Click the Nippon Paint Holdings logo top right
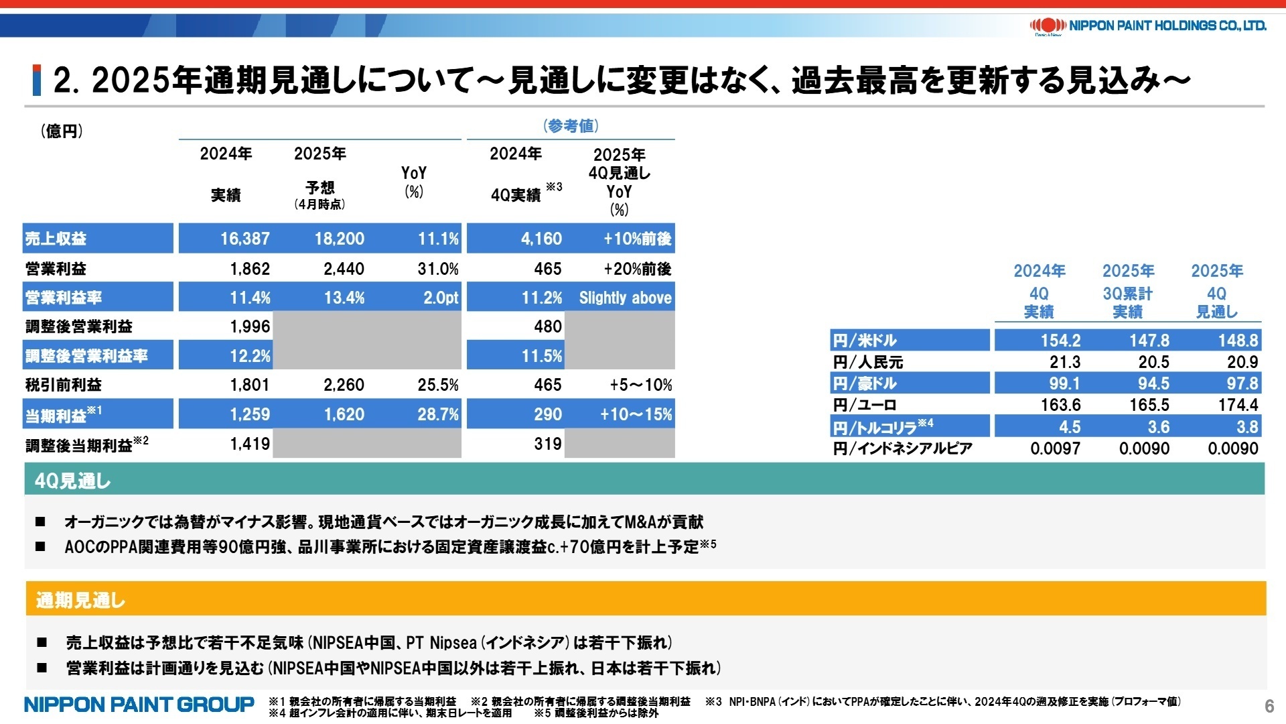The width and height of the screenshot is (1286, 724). (1147, 25)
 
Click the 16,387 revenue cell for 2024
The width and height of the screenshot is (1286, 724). (244, 239)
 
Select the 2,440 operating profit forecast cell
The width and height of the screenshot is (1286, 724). (344, 269)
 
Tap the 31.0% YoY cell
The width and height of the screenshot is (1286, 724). (438, 269)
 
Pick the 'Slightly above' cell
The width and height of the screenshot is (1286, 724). (624, 298)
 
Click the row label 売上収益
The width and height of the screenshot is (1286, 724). (56, 239)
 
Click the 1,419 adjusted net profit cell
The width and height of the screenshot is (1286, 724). (250, 443)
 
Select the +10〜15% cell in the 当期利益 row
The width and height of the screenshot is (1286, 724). (636, 414)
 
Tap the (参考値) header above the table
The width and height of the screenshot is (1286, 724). (570, 125)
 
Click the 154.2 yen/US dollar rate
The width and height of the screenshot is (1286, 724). (1060, 341)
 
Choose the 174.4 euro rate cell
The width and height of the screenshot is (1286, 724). (1238, 405)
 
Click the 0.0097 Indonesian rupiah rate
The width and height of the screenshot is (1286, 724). (1055, 448)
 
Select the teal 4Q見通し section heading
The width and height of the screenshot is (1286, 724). (72, 481)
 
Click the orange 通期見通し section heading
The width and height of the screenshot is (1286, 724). (80, 600)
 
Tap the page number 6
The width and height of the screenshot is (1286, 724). (1269, 706)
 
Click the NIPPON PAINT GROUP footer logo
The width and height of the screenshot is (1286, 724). (139, 705)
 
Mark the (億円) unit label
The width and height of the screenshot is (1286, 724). (62, 131)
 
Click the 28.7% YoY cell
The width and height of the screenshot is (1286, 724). (437, 414)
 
